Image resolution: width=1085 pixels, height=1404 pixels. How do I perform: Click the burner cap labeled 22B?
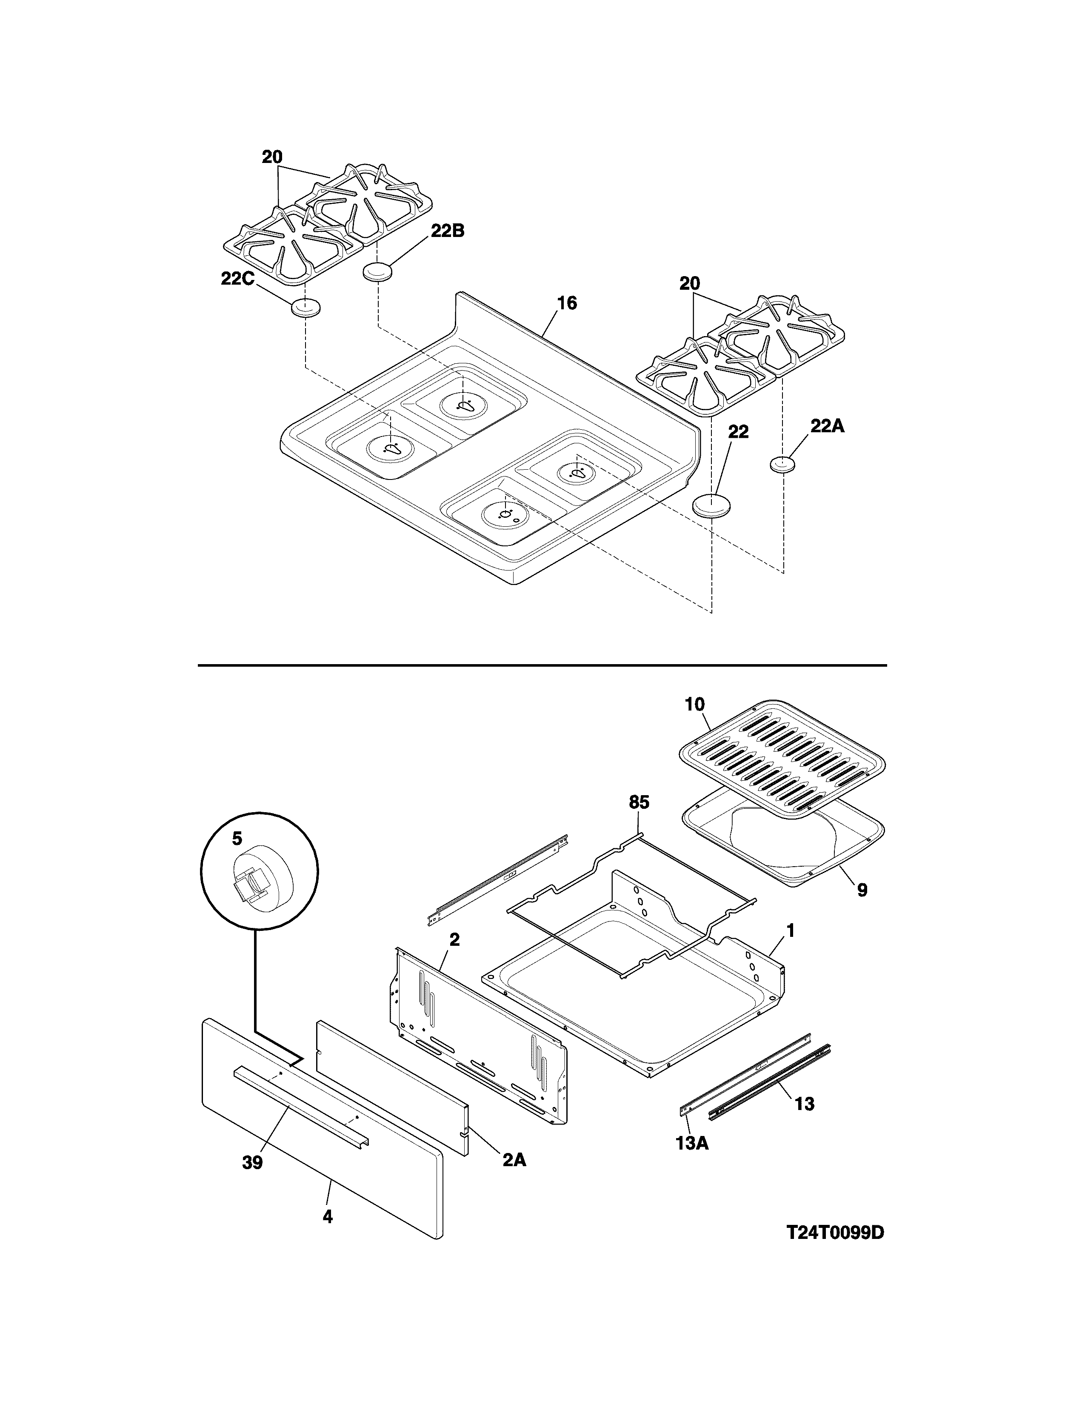(x=377, y=272)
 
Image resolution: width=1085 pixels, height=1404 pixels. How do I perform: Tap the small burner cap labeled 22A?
(x=782, y=464)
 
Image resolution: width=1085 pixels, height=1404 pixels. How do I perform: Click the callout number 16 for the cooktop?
(x=566, y=303)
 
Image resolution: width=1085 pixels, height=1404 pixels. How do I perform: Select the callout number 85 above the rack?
(x=639, y=802)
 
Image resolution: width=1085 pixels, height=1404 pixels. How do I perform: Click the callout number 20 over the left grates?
(x=273, y=157)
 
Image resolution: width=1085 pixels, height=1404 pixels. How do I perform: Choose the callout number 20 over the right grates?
(x=690, y=283)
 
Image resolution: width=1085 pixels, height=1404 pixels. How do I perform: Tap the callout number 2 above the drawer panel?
(x=454, y=939)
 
